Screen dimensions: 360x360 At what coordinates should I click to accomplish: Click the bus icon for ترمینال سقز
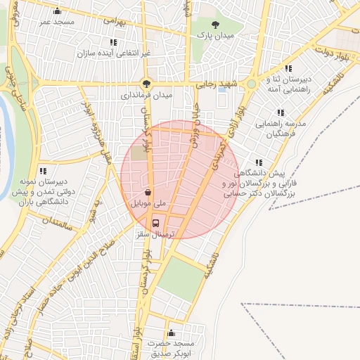pos(156,224)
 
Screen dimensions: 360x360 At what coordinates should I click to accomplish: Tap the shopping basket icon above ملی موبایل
pos(148,192)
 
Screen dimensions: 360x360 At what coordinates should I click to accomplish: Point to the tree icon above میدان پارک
pos(215,25)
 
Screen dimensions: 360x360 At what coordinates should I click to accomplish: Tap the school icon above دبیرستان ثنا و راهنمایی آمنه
pos(271,79)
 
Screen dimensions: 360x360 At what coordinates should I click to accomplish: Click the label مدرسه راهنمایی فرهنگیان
pos(281,128)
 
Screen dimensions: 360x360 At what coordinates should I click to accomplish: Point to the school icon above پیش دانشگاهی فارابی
pos(259,163)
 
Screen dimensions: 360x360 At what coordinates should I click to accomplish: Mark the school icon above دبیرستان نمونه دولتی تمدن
pos(43,171)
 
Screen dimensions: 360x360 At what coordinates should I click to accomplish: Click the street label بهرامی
pos(114,20)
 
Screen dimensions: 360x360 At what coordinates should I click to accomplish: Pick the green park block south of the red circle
pos(179,277)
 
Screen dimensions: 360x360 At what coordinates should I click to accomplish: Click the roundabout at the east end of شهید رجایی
pos(251,84)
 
